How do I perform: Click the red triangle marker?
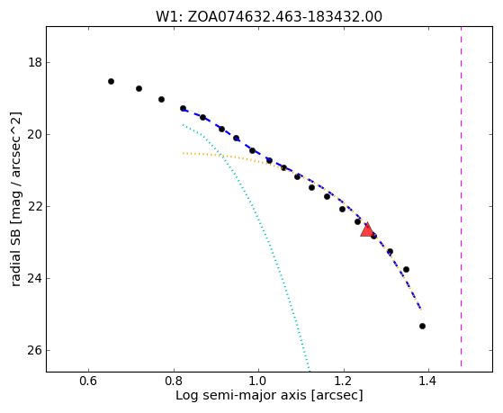pyautogui.click(x=367, y=229)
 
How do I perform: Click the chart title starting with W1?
pyautogui.click(x=269, y=17)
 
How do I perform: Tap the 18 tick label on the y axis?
pyautogui.click(x=35, y=62)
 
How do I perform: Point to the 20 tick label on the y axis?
pyautogui.click(x=35, y=134)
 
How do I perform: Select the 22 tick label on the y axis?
pyautogui.click(x=35, y=206)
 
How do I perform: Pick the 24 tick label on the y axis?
pyautogui.click(x=35, y=279)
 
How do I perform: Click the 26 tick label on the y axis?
pyautogui.click(x=35, y=350)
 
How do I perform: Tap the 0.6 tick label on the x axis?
pyautogui.click(x=88, y=381)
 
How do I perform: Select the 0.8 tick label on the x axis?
pyautogui.click(x=174, y=381)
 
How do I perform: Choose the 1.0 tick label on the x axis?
pyautogui.click(x=258, y=381)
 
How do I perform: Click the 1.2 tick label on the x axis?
pyautogui.click(x=344, y=381)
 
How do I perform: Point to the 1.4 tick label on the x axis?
pyautogui.click(x=429, y=381)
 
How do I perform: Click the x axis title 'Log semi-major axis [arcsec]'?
pyautogui.click(x=269, y=395)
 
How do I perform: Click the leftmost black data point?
pyautogui.click(x=111, y=82)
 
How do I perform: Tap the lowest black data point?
pyautogui.click(x=422, y=326)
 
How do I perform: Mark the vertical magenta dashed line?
pyautogui.click(x=462, y=197)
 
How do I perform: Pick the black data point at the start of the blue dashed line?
pyautogui.click(x=183, y=109)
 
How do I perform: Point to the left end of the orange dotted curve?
pyautogui.click(x=183, y=153)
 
